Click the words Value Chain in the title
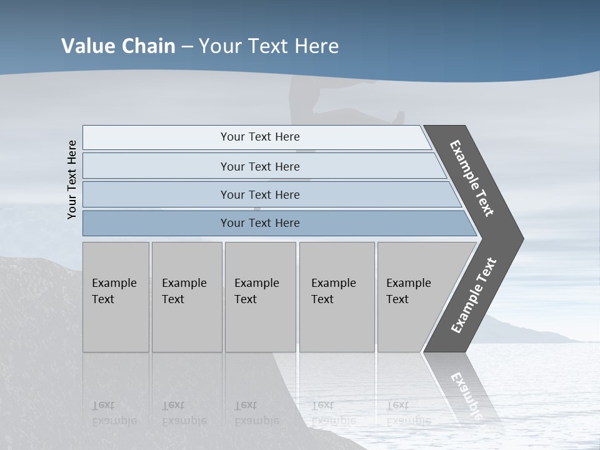[x=118, y=46]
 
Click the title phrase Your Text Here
[x=269, y=46]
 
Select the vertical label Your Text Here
[x=72, y=179]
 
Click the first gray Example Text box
[x=116, y=297]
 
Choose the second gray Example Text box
[x=186, y=297]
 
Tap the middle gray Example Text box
[x=260, y=297]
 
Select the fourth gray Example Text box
[x=336, y=297]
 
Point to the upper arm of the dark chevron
[x=472, y=178]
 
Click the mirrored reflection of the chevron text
[x=466, y=394]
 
